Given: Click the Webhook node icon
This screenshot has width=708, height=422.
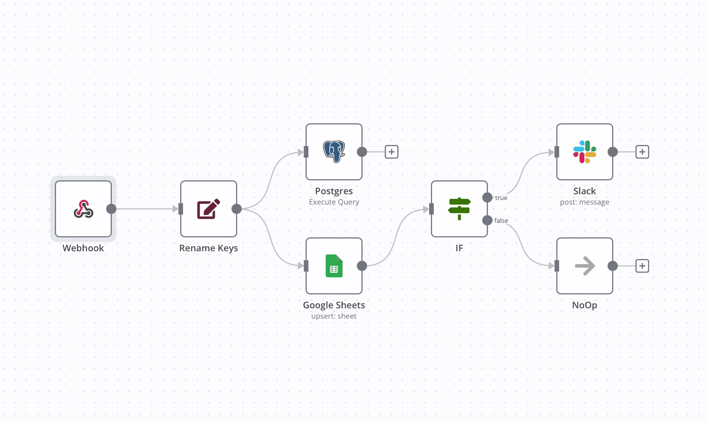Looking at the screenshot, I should (x=83, y=209).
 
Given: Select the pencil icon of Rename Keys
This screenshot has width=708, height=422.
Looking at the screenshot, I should (x=209, y=209).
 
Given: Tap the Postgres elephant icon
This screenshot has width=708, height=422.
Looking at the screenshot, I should (x=334, y=152).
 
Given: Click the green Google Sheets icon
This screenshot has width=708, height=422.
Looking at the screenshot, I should (x=334, y=266).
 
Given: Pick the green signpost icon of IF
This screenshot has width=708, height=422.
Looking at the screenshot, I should (x=459, y=209).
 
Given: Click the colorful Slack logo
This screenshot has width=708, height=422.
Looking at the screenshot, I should (x=585, y=152).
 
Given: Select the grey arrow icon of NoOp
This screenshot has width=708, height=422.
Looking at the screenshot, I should (x=585, y=266).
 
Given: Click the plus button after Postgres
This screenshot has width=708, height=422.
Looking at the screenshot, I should (x=392, y=152).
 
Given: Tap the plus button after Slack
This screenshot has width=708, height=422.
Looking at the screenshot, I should (x=642, y=152).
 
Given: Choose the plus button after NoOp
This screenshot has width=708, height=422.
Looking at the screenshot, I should (x=642, y=266).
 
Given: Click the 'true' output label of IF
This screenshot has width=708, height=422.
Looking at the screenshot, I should (x=501, y=198).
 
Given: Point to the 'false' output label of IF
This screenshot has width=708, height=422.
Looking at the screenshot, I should (x=501, y=221).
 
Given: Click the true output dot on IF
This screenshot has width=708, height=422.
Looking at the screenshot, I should (x=487, y=197).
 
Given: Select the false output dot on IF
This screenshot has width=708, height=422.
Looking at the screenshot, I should (x=487, y=220).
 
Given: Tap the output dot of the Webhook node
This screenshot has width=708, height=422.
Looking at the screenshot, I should (x=111, y=209).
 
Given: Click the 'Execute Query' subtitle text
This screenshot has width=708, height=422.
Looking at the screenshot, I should (x=334, y=202).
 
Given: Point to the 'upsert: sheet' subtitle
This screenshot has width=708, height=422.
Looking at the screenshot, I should (x=334, y=316).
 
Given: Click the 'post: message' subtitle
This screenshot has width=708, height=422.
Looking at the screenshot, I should (x=585, y=202).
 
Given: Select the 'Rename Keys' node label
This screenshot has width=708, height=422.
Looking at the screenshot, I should (x=209, y=248).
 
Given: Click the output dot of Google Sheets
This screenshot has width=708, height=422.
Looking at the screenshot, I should (x=362, y=266).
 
